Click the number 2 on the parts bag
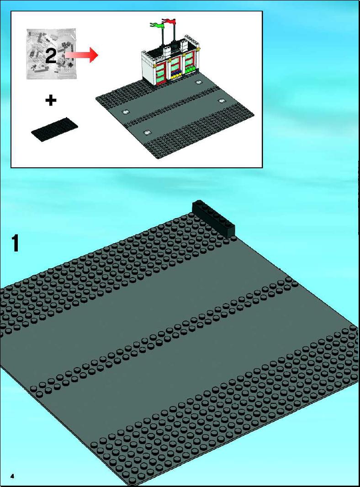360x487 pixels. [51, 56]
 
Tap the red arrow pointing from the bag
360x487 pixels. [82, 54]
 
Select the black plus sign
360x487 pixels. [51, 100]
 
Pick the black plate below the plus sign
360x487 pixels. [55, 129]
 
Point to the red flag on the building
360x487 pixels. [169, 21]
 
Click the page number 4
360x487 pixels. [12, 476]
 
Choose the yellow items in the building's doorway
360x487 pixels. [177, 74]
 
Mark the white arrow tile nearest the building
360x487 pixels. [199, 82]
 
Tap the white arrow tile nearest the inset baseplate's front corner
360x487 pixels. [147, 132]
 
